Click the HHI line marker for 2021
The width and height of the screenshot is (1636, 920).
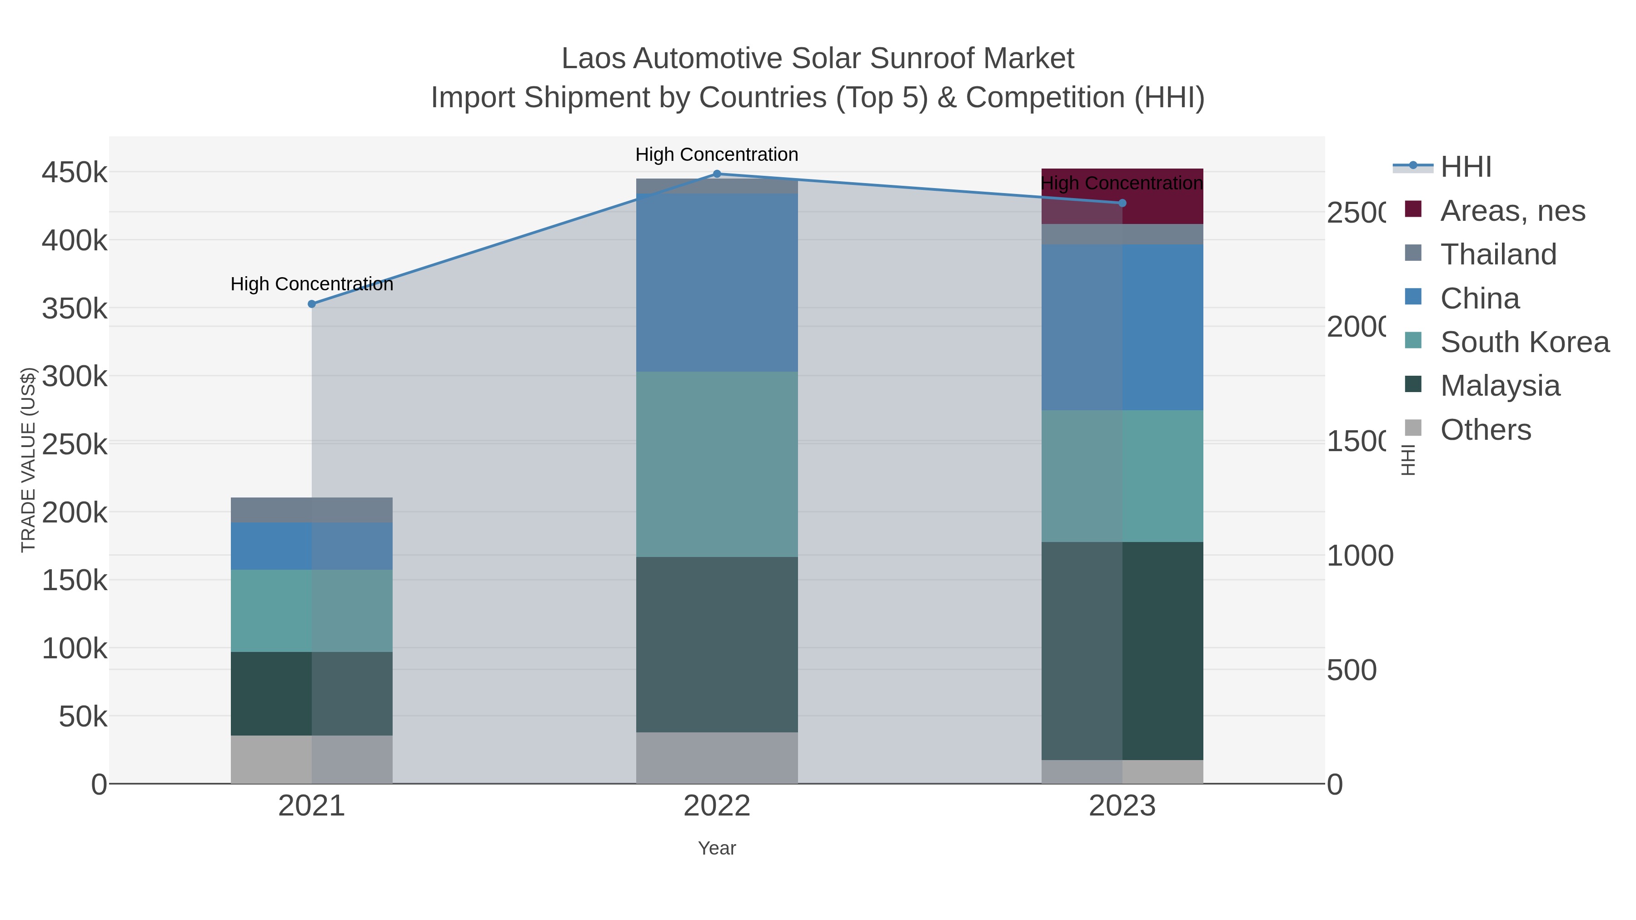[x=312, y=304]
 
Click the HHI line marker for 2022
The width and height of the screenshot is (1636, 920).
[x=717, y=174]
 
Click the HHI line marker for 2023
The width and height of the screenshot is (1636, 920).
[x=1122, y=203]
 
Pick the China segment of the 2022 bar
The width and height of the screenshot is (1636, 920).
[x=717, y=283]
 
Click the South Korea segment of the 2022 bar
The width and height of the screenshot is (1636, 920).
[x=717, y=464]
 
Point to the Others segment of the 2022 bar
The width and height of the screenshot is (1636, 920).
[x=717, y=758]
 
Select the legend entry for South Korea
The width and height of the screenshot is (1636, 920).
[x=1524, y=342]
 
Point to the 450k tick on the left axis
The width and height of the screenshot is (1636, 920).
[x=75, y=173]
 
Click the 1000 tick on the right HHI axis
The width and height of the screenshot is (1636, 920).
[x=1359, y=556]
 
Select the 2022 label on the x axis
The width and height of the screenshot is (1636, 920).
[x=717, y=806]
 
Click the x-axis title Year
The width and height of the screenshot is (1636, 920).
[x=717, y=848]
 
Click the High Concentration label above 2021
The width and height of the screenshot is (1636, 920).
[x=312, y=284]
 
